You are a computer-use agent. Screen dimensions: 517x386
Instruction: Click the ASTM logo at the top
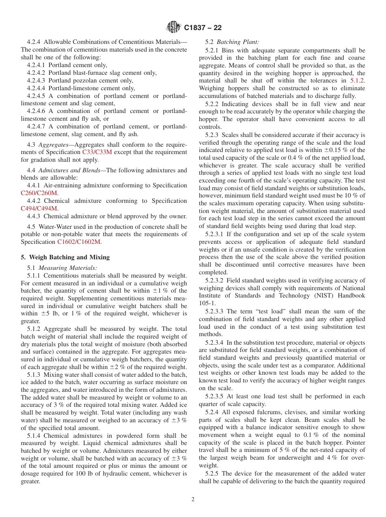174,28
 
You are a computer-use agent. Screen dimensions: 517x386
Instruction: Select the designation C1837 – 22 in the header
203,28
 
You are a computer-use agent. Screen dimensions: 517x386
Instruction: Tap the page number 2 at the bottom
193,500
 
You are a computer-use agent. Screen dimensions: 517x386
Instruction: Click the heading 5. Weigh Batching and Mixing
65,257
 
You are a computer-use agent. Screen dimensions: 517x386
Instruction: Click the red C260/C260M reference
39,193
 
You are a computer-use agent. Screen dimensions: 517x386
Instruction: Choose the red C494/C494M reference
39,209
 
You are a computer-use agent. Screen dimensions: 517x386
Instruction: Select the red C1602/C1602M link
79,242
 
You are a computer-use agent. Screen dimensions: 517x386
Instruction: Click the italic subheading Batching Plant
238,42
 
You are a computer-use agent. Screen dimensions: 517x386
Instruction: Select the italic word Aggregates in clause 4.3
53,145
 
